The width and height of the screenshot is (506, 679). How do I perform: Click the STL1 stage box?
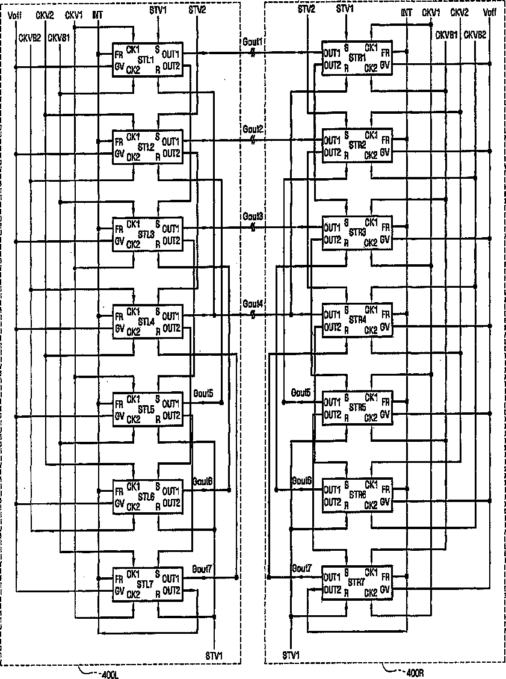(147, 60)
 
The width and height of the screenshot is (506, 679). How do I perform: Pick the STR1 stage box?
(357, 58)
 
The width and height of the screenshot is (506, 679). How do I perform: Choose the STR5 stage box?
(357, 408)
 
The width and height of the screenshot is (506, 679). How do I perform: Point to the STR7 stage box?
(357, 581)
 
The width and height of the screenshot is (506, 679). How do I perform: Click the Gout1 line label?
(252, 42)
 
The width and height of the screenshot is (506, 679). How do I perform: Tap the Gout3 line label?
(252, 215)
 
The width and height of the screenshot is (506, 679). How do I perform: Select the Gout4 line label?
(252, 303)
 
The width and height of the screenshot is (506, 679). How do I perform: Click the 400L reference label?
(108, 674)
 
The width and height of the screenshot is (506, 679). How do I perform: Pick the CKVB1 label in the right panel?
(446, 35)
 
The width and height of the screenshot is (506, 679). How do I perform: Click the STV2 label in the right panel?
(307, 9)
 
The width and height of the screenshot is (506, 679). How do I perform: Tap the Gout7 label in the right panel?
(301, 568)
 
